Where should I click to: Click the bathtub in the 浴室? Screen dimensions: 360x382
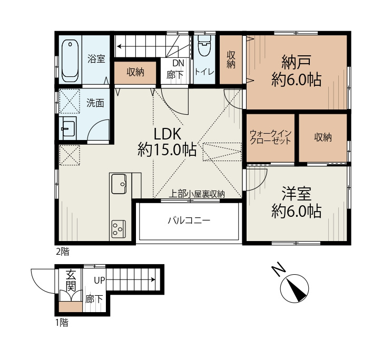click(70, 61)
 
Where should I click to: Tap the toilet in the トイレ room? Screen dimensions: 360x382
click(203, 50)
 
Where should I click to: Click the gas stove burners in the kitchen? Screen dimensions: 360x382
click(119, 228)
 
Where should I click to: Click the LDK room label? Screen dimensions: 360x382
click(167, 133)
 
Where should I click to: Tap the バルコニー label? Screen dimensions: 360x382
click(189, 221)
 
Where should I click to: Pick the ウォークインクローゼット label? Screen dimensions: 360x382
click(270, 138)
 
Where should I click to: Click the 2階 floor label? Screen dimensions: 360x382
click(62, 252)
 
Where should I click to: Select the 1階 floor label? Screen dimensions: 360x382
click(61, 323)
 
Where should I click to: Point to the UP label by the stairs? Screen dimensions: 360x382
click(99, 281)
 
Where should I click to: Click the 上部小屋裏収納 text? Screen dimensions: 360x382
click(197, 194)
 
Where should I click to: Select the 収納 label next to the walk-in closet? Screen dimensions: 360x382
click(323, 137)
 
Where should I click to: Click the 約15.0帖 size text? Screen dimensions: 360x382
click(167, 150)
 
